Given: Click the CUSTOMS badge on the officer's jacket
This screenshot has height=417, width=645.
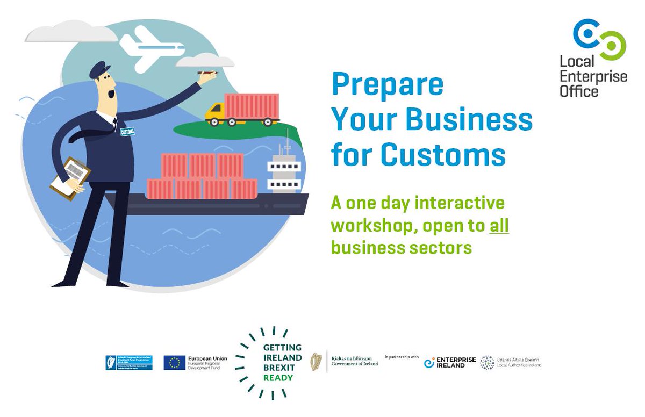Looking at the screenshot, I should click(x=127, y=131).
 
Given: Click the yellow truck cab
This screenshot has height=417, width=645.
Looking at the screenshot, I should click(x=215, y=112).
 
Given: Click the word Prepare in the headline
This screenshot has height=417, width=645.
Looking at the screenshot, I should click(x=388, y=85).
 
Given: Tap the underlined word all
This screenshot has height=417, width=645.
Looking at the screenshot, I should click(x=499, y=226).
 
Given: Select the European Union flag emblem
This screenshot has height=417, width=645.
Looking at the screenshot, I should click(x=175, y=363).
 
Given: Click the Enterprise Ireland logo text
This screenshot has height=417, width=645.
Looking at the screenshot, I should click(x=456, y=363).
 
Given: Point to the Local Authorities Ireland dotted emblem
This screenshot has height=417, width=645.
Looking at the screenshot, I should click(x=488, y=363).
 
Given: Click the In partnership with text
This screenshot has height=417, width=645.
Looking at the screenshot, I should click(x=402, y=356).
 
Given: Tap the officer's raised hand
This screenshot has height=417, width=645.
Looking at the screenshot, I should click(x=207, y=77).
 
